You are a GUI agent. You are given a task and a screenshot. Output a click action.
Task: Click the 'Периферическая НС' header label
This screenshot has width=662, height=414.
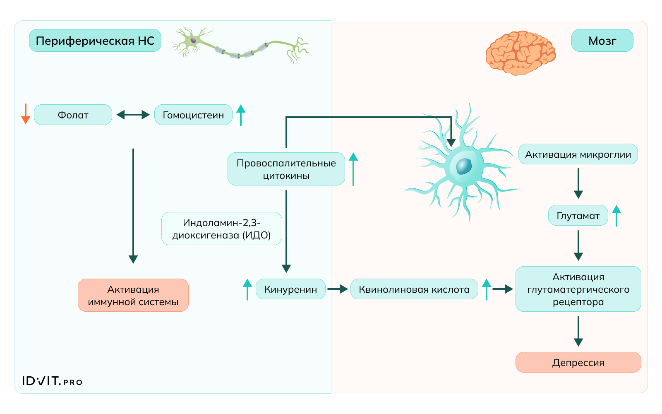[x=95, y=41]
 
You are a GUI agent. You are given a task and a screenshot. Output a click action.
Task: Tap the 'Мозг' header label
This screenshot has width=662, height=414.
[x=602, y=41]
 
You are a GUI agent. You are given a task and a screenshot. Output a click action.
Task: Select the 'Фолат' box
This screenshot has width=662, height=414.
[x=73, y=115]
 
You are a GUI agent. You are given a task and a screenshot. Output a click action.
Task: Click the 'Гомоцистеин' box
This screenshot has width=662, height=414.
[x=193, y=115]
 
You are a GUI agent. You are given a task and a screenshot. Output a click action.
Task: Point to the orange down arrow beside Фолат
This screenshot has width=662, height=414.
[x=26, y=114]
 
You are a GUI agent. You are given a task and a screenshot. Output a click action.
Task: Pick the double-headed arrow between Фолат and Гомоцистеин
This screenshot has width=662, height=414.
[x=133, y=115]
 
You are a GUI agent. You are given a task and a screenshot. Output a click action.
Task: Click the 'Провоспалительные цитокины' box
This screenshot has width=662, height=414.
[x=286, y=169]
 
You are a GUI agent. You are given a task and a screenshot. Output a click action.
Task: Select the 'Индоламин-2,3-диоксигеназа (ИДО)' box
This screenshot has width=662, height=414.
[x=221, y=229]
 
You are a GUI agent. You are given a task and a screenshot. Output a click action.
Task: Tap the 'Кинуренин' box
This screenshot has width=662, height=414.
[x=290, y=289]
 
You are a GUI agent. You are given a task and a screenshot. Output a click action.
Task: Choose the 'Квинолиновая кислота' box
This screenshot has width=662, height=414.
[x=414, y=289]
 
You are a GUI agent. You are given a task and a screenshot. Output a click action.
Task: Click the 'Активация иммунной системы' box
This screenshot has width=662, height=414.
[x=133, y=295]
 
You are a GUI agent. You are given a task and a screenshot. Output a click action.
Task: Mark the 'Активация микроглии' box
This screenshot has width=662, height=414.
[x=578, y=154]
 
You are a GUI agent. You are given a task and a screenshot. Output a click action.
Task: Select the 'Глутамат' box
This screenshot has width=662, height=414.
[x=578, y=215]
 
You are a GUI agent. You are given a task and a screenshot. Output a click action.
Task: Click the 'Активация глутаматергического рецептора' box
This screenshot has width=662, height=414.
[x=578, y=289]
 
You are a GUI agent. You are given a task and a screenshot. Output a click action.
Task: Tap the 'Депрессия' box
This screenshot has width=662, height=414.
[x=578, y=362]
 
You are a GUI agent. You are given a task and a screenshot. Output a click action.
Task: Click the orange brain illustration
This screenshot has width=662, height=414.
[x=520, y=53]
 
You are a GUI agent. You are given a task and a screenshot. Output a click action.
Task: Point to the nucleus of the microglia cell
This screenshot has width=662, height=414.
[x=464, y=166]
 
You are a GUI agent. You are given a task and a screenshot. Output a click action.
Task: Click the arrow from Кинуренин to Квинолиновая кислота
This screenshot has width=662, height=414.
[x=338, y=289]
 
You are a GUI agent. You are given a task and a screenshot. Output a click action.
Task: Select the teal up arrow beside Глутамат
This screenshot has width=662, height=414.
[x=616, y=215]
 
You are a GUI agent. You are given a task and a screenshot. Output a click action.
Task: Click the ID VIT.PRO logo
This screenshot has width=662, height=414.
[x=52, y=381]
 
